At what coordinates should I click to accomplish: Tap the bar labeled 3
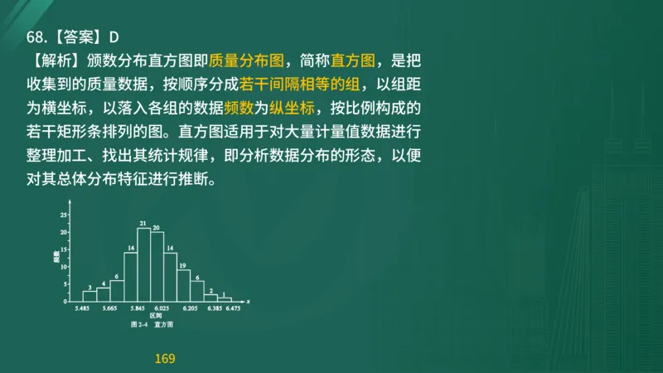coord(90,295)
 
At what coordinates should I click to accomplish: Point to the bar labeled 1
coord(224,298)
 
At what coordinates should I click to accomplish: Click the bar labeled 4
coord(103,293)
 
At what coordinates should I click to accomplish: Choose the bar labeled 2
coord(211,296)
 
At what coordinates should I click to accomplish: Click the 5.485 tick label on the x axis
coord(82,308)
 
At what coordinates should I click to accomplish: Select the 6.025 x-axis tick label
coord(163,308)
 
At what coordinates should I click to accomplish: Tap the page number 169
coord(165,359)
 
